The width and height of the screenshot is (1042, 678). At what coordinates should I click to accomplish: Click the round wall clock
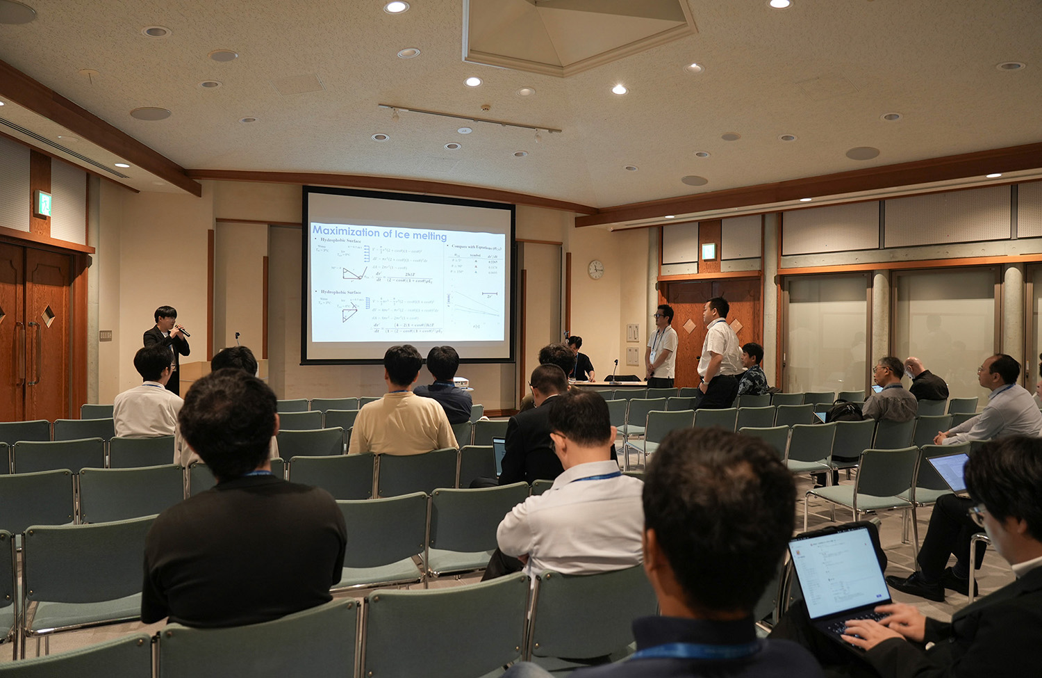click(596, 269)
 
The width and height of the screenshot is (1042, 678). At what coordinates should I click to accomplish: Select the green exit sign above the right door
click(708, 251)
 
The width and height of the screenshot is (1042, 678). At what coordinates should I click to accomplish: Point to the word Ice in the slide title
click(402, 234)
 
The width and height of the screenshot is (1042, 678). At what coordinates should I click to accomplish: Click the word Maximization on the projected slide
click(345, 231)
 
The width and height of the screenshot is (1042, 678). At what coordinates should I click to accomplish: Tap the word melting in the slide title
click(430, 236)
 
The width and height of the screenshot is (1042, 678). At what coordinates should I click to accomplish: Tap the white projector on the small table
click(459, 382)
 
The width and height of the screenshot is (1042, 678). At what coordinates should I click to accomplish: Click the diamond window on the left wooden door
click(48, 316)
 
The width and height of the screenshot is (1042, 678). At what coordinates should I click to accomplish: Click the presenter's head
click(165, 316)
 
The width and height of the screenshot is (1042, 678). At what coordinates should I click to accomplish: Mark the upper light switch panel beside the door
click(632, 332)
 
